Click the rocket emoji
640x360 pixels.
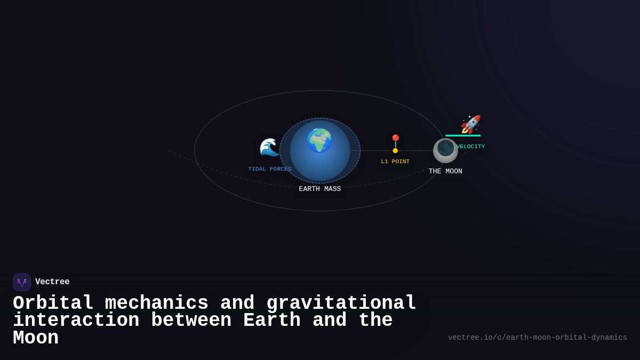pos(470,124)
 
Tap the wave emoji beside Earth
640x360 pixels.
pos(269,147)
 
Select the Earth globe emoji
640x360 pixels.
pos(319,141)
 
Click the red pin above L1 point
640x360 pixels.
pos(395,140)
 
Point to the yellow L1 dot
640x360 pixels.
pos(395,151)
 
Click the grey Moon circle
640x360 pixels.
pos(445,150)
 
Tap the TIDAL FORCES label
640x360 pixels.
pos(270,169)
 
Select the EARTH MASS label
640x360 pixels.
pos(320,189)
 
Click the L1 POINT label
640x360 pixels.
pos(395,162)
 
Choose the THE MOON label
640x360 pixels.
pos(445,171)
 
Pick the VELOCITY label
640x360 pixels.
pos(470,147)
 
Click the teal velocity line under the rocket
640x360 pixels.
pos(463,135)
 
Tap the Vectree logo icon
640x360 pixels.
pos(22,282)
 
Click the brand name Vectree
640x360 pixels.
pos(52,282)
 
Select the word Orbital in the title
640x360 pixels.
pos(53,303)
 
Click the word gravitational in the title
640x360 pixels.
pos(341,303)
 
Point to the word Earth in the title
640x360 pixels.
pos(272,321)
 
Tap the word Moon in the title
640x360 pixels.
pos(36,338)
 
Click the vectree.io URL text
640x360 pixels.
pos(537,338)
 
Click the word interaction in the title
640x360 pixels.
pos(76,321)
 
